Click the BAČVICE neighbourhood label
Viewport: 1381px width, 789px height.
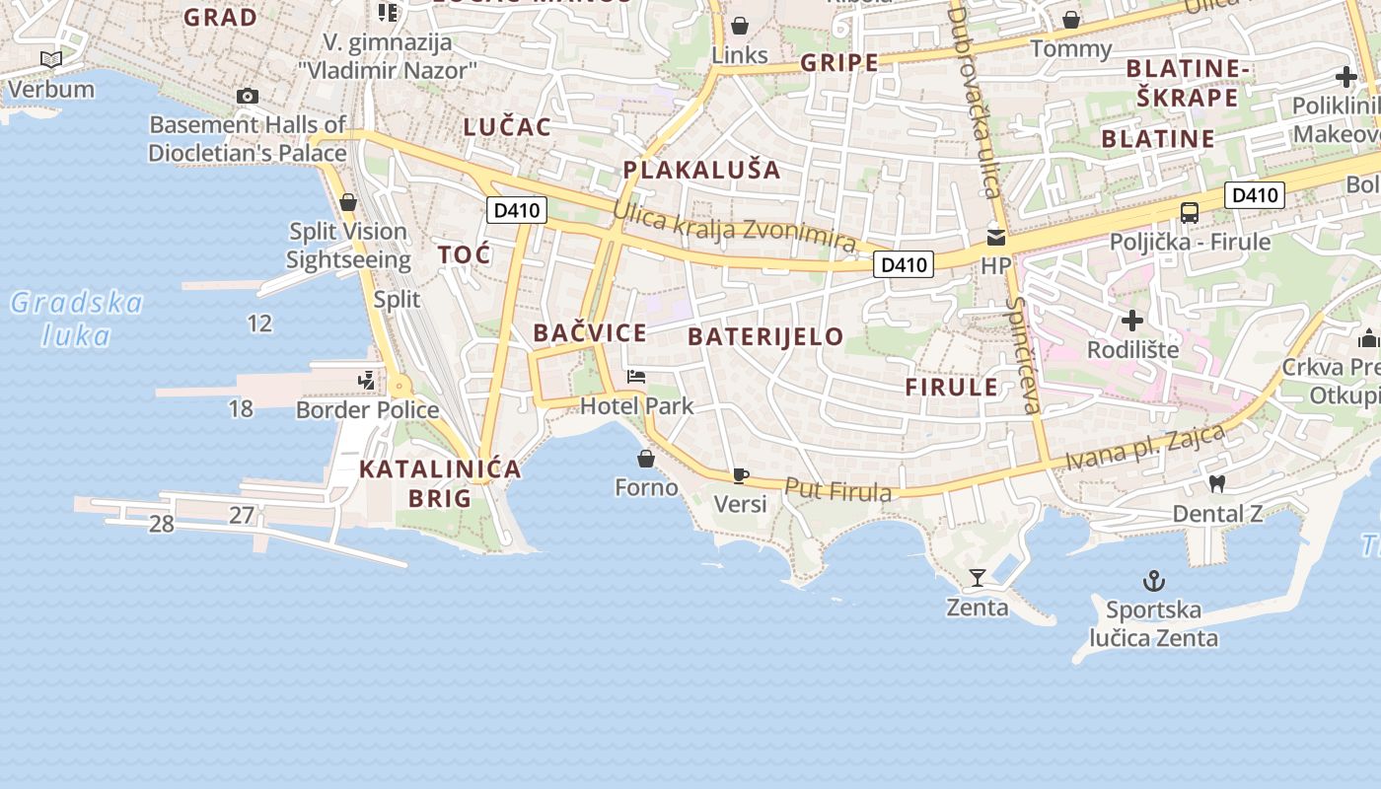[x=590, y=333]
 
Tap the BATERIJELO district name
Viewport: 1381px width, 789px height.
[x=765, y=336]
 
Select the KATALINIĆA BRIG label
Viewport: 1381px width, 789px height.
[x=440, y=483]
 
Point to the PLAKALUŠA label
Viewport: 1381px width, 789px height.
[x=701, y=170]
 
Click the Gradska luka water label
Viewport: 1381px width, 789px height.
[x=77, y=319]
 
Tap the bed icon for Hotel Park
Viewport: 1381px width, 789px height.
[x=636, y=377]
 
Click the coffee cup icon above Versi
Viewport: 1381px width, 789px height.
[x=741, y=475]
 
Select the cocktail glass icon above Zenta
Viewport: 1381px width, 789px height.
[x=978, y=577]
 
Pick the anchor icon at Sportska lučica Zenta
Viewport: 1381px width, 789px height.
[x=1153, y=580]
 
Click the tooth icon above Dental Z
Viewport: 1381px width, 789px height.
[x=1216, y=483]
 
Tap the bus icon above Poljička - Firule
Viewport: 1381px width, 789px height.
[x=1190, y=212]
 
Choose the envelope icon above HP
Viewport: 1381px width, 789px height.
[x=996, y=237]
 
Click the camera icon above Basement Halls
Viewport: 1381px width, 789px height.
[x=248, y=96]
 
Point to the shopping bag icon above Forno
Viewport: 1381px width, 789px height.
[x=646, y=459]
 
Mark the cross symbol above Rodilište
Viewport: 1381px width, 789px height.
[x=1132, y=321]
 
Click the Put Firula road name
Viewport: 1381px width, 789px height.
[x=838, y=490]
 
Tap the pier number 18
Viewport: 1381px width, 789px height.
[x=241, y=408]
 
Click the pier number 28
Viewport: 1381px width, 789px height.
[x=162, y=524]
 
